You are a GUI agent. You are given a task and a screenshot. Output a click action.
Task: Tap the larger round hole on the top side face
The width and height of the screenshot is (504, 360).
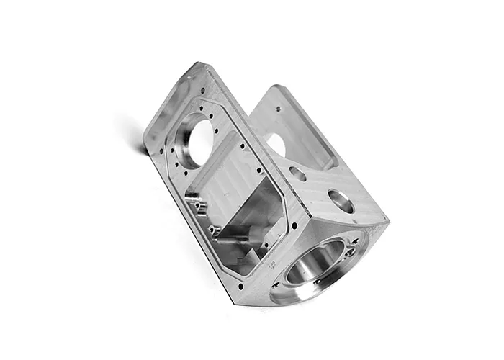(x=340, y=200)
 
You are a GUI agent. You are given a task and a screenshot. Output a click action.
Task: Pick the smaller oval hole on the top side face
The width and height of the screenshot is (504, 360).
(x=297, y=173)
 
